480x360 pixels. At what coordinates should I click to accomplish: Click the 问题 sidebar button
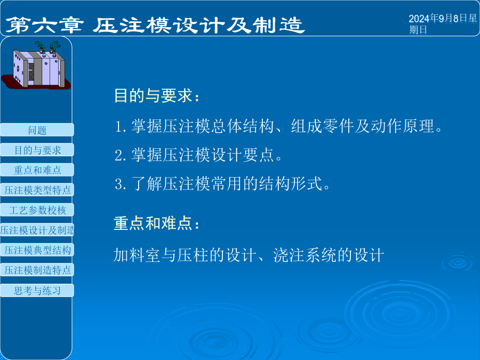click(x=37, y=130)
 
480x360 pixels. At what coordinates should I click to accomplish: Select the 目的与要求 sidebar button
click(x=37, y=150)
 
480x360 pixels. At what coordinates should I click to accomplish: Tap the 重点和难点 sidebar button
click(x=37, y=170)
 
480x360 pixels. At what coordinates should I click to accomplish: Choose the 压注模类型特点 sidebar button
click(x=37, y=190)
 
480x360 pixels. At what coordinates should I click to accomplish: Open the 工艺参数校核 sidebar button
click(x=37, y=210)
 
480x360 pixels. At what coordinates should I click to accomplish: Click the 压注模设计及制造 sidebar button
click(x=37, y=230)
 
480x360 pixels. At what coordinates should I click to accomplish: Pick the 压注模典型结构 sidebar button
click(x=37, y=250)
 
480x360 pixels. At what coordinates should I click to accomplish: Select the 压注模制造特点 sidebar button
click(x=37, y=270)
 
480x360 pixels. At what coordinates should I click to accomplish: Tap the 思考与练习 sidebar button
click(x=37, y=290)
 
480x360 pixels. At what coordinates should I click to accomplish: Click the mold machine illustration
click(x=36, y=66)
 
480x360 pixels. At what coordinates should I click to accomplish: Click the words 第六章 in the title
click(x=44, y=25)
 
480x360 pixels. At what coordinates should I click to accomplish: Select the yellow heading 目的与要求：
click(x=157, y=95)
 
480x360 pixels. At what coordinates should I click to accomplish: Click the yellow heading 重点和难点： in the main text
click(x=157, y=223)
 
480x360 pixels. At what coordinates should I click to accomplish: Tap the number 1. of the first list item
click(x=121, y=126)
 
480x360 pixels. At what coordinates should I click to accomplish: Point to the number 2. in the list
click(x=121, y=155)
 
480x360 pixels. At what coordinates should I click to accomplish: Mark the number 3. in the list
click(x=121, y=185)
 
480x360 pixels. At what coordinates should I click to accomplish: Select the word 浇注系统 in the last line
click(x=305, y=255)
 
